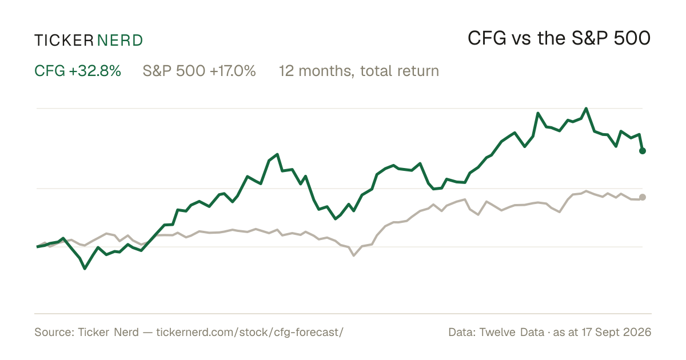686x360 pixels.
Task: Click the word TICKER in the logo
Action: [64, 41]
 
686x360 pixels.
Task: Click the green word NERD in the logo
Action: [120, 41]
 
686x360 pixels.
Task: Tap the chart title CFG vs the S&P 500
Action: [559, 38]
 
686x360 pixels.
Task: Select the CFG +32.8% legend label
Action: [78, 71]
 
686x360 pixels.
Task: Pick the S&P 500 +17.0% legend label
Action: [199, 71]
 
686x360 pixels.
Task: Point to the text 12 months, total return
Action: [359, 71]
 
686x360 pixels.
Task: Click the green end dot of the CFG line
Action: [643, 151]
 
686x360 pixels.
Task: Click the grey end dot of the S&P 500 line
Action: [643, 197]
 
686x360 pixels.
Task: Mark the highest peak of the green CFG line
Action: [586, 109]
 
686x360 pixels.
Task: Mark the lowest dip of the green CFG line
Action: [85, 269]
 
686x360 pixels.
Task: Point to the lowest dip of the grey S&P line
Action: [354, 255]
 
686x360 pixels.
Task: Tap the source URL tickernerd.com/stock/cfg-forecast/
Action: [250, 332]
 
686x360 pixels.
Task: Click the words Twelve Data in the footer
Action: [512, 332]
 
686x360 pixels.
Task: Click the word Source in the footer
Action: [53, 332]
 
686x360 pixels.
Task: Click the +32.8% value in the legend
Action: [95, 71]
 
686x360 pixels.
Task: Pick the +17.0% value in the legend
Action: [233, 71]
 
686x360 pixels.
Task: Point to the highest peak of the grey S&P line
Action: [586, 191]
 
